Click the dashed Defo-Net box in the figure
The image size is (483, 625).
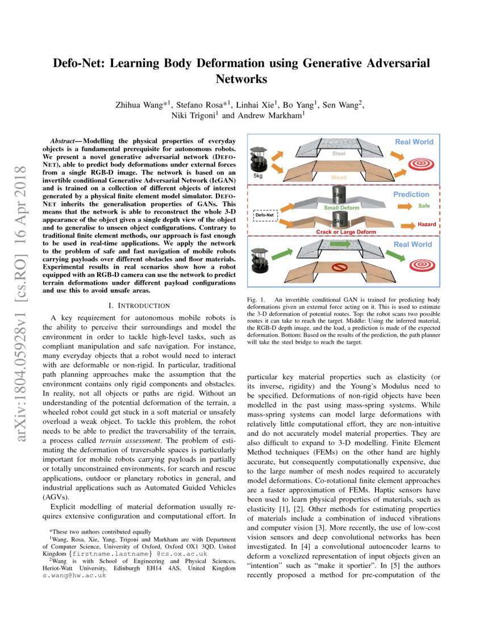point(264,216)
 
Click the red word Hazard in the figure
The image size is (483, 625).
point(427,224)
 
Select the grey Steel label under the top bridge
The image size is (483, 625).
point(339,153)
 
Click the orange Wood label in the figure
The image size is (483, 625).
point(338,177)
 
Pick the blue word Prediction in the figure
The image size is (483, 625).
point(412,194)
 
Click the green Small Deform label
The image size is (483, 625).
point(339,208)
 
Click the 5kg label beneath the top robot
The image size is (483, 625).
point(258,177)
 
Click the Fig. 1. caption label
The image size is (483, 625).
point(257,299)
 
